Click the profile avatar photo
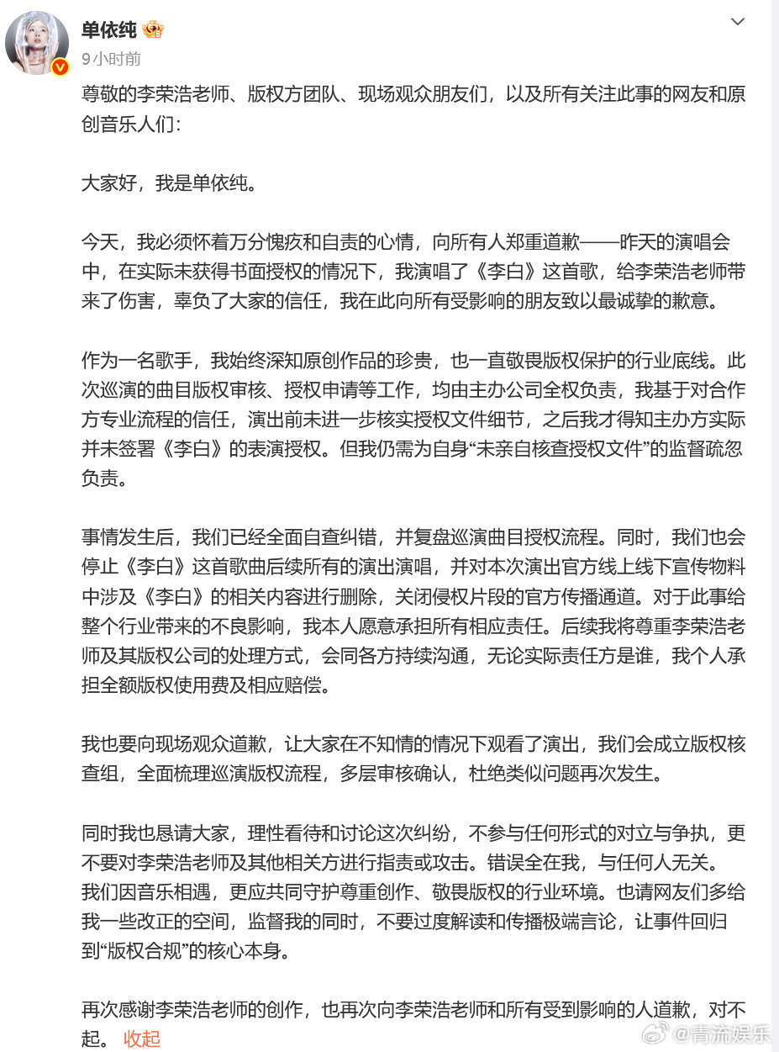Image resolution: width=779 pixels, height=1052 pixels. click(x=36, y=42)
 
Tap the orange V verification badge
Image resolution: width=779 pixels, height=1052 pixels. click(x=60, y=67)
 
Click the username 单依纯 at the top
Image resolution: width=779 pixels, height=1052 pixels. click(x=108, y=30)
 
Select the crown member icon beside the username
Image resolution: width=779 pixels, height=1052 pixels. click(x=153, y=30)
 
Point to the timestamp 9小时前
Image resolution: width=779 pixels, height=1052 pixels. click(x=111, y=59)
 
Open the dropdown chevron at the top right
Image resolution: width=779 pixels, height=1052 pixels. click(x=737, y=22)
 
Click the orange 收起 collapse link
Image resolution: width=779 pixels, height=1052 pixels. click(x=141, y=1039)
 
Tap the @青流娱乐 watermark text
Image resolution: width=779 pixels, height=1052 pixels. click(x=721, y=1033)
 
